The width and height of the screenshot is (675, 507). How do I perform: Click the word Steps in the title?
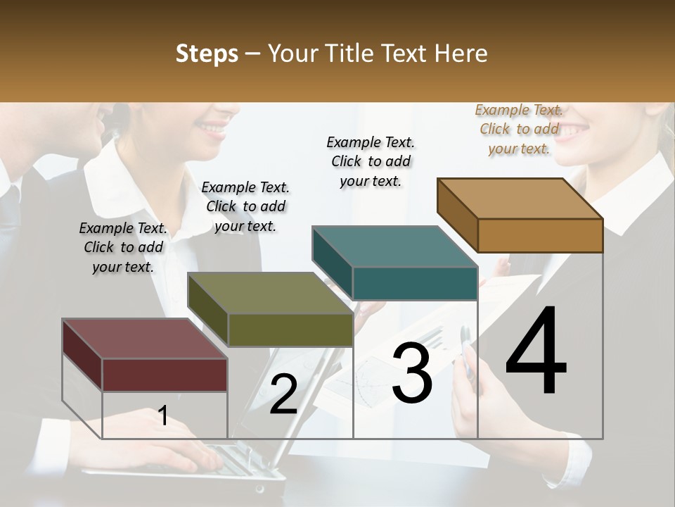tap(207, 54)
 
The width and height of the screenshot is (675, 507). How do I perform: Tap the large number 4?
tap(536, 351)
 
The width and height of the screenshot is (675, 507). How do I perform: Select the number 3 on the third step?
tap(412, 374)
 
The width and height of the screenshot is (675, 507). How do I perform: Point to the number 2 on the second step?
tap(283, 395)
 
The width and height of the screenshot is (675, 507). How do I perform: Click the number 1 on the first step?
tap(162, 416)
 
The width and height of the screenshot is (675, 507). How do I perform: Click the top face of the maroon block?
tap(145, 339)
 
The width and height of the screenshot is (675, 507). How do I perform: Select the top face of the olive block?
tap(270, 293)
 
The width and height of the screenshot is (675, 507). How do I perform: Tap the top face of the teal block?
tap(394, 246)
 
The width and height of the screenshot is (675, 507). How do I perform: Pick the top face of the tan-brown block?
tap(520, 199)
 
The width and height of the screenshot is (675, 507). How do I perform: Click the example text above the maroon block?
tap(123, 247)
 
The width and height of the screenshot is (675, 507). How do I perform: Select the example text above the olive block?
tap(245, 206)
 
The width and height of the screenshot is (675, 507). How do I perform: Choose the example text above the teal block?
tap(371, 161)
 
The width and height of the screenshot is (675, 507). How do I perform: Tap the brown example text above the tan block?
tap(519, 129)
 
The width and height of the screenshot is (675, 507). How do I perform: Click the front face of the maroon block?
tap(165, 374)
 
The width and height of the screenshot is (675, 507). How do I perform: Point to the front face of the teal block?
tap(415, 283)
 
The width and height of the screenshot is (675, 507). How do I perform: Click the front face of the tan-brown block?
tap(540, 235)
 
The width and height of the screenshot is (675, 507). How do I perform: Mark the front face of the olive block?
tap(290, 330)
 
